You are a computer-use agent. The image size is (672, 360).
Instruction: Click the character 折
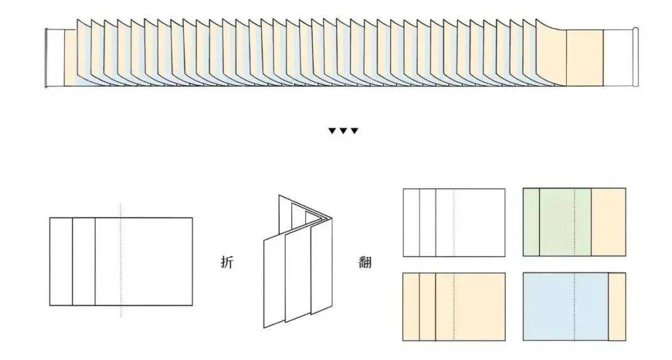(227, 262)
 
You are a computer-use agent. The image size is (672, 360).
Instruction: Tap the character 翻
(365, 262)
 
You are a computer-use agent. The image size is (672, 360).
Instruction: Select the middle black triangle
(343, 130)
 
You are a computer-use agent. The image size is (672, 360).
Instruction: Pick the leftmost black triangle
(332, 130)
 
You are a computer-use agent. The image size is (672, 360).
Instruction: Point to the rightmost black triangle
(354, 130)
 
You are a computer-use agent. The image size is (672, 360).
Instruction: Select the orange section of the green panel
(608, 222)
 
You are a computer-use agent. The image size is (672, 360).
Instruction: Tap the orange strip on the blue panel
(617, 307)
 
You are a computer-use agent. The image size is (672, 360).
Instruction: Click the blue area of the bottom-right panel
(566, 307)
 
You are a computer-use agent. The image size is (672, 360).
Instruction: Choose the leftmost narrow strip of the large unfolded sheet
(61, 262)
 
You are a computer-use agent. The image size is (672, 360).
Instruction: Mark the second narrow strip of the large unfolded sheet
(83, 262)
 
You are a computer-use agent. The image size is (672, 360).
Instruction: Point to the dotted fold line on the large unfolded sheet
(121, 260)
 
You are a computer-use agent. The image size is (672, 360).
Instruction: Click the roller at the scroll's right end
(636, 58)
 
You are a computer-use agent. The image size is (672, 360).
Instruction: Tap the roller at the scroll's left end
(46, 58)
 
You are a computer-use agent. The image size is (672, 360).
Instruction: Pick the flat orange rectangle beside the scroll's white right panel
(585, 58)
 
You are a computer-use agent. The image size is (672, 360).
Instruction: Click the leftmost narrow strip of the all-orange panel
(411, 307)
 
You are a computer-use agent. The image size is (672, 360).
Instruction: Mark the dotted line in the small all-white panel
(454, 223)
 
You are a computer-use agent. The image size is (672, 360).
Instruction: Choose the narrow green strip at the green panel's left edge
(531, 222)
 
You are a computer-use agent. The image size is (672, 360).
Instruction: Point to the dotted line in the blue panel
(574, 307)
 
